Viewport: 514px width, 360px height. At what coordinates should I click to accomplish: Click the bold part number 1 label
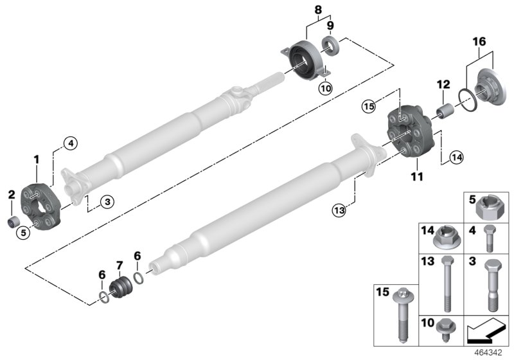point(37,159)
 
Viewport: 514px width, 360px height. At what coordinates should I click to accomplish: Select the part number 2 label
point(11,194)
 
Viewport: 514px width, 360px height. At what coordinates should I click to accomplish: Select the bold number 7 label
point(118,266)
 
